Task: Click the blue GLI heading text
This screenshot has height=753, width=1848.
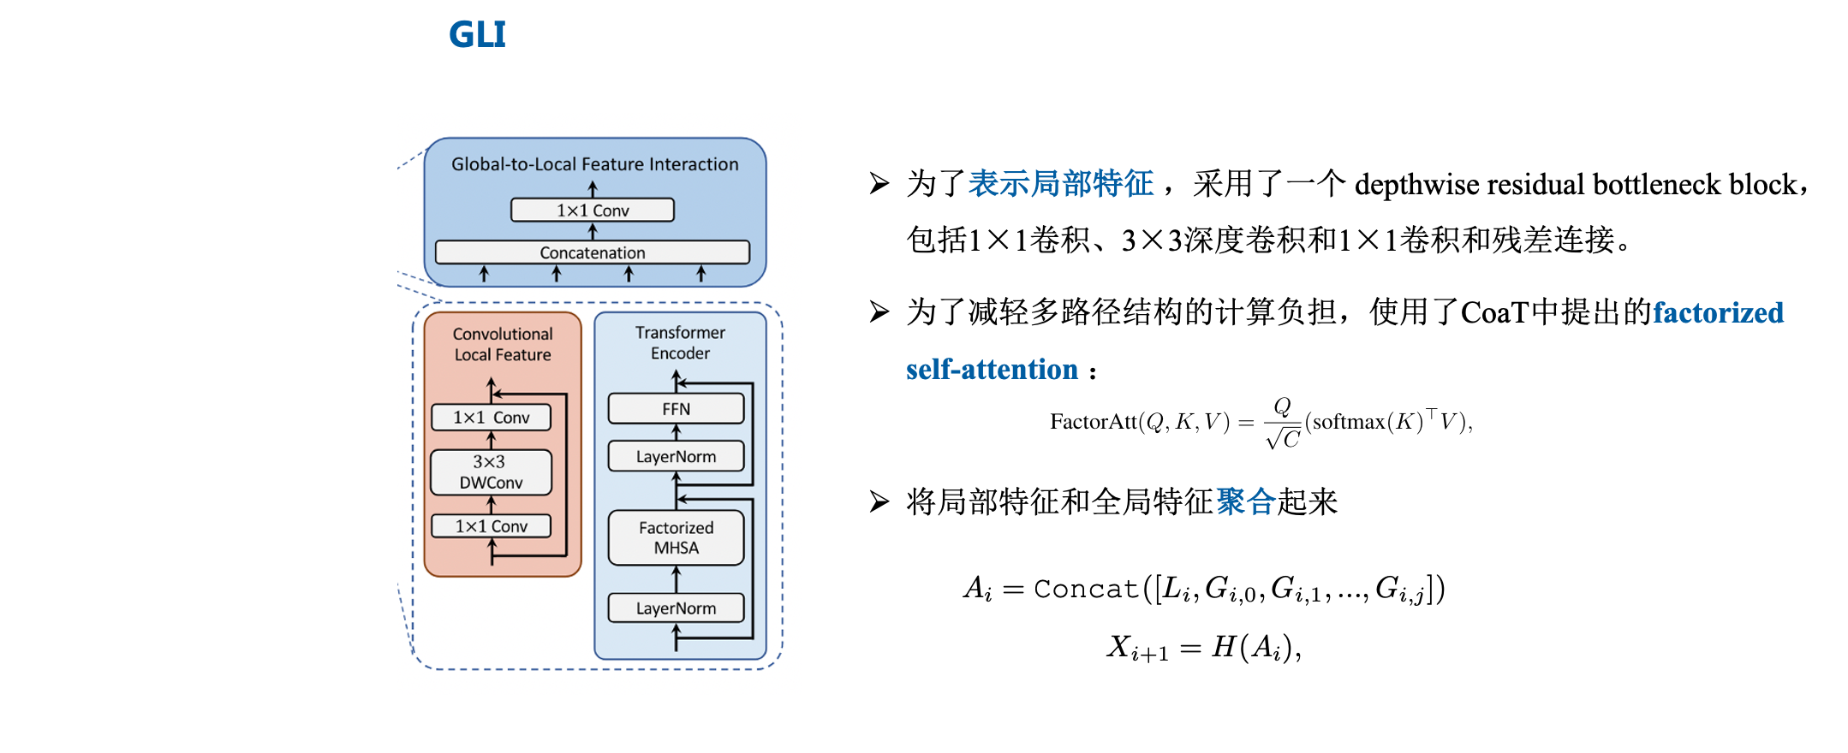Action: point(477,35)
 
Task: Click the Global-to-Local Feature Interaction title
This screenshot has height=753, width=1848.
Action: point(594,164)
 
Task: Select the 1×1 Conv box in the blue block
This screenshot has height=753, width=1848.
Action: point(592,210)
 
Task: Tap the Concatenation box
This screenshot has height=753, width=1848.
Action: point(592,252)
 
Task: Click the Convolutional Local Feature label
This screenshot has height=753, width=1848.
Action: point(503,344)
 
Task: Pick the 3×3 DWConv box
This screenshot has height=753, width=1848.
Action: point(491,472)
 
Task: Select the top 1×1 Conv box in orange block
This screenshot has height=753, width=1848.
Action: point(491,418)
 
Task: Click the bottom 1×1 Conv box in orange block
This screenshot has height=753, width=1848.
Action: point(491,526)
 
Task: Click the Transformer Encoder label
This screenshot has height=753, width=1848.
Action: point(680,342)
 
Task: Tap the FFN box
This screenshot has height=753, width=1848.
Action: point(676,409)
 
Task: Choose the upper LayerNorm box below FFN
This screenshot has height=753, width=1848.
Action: point(676,457)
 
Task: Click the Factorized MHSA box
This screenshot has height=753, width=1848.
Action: point(676,537)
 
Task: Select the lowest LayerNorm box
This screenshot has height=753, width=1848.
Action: point(676,608)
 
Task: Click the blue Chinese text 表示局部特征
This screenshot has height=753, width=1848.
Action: point(1060,184)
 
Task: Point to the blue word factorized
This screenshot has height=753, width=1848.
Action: point(1718,313)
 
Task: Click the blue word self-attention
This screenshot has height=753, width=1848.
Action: point(992,370)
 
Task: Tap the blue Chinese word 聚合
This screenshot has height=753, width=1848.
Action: point(1246,501)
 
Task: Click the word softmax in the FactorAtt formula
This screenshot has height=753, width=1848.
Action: point(1348,422)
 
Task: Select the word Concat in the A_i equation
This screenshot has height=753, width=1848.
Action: point(1086,589)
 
